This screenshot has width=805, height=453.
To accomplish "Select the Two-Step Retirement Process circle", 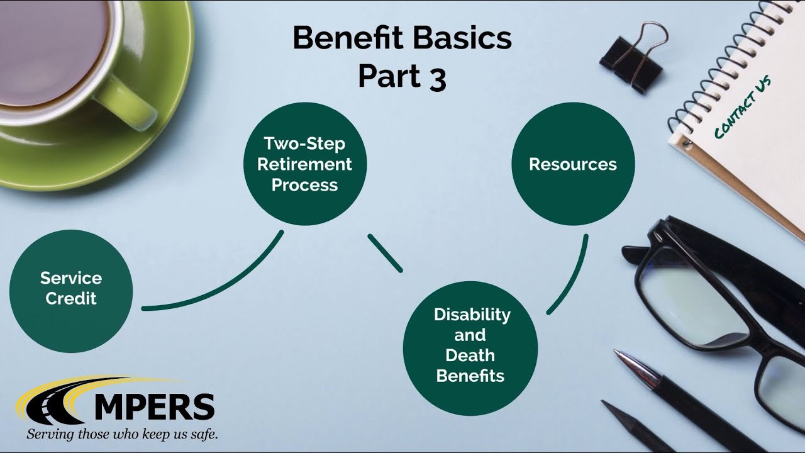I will pos(304,164).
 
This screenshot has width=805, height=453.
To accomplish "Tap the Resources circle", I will pos(572,164).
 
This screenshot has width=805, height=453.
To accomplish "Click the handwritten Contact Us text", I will pos(742,107).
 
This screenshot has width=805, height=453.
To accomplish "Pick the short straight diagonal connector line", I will pos(385,253).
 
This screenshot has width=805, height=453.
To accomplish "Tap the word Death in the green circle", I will pos(470,355).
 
